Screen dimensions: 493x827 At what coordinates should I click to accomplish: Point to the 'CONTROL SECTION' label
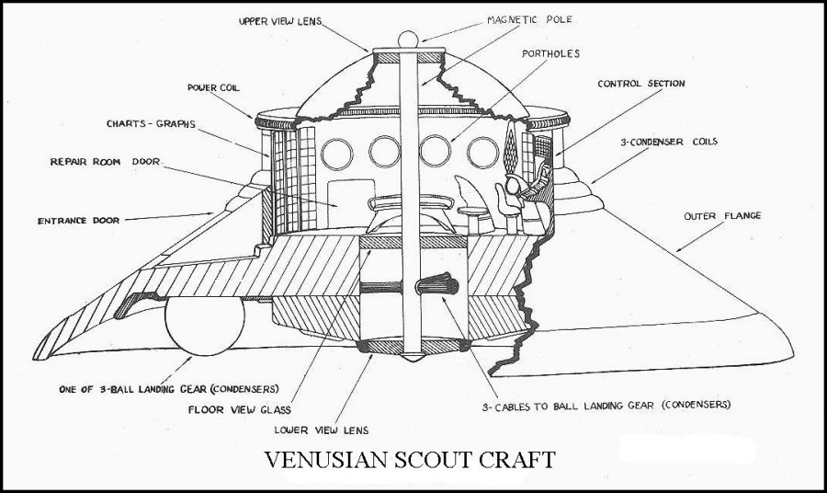[x=641, y=84]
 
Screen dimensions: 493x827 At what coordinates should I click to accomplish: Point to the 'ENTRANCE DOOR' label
[x=82, y=221]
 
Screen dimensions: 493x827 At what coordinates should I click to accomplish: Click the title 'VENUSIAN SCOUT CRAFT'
[x=410, y=459]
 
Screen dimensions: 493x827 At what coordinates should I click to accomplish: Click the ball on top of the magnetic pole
[x=406, y=40]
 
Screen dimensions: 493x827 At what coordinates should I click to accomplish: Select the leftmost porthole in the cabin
[x=336, y=151]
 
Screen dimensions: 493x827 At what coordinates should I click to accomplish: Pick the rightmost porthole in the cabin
[x=481, y=151]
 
